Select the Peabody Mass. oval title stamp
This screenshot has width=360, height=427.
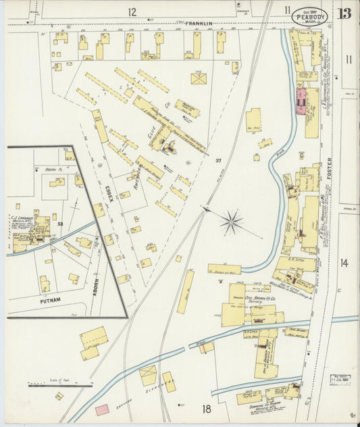[307, 16]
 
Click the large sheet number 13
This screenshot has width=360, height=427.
[345, 13]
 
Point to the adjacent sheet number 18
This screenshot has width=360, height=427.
[206, 408]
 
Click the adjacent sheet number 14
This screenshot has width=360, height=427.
[344, 263]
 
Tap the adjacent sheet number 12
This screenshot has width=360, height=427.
[132, 11]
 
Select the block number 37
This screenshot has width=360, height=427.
[218, 160]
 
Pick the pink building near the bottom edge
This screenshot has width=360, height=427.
[102, 409]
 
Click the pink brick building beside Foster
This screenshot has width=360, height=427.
[301, 101]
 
